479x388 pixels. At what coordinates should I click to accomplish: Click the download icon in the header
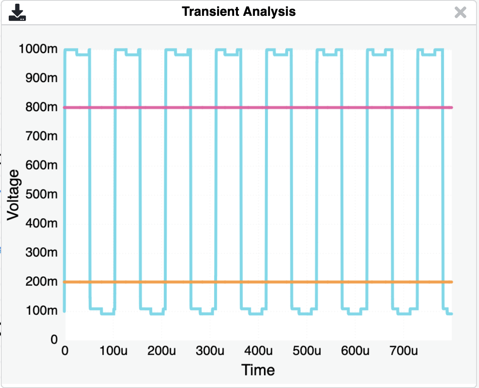coord(17,12)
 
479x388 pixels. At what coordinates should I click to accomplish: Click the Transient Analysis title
coord(239,12)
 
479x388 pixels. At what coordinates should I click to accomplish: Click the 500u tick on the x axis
coord(306,351)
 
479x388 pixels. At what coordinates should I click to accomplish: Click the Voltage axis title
coord(13,194)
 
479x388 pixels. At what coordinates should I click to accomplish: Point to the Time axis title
coord(258,370)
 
